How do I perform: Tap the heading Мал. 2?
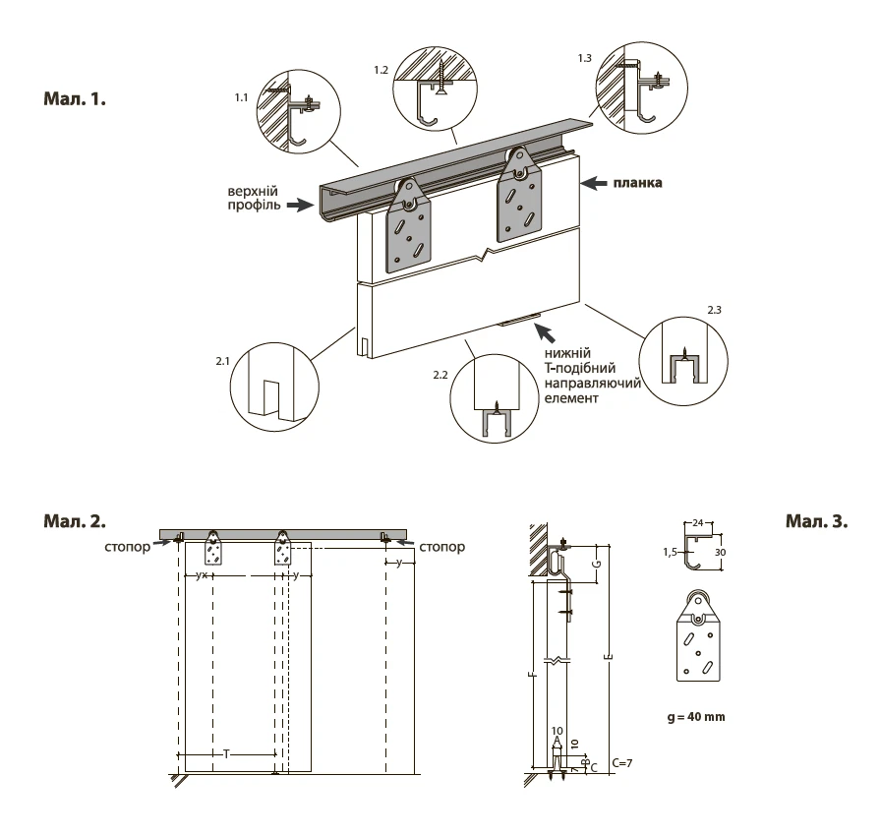(74, 519)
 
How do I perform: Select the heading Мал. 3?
(816, 521)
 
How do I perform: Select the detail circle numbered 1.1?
(299, 111)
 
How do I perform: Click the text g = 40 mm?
(695, 717)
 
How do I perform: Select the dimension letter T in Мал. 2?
(226, 754)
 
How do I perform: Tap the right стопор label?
(441, 546)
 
